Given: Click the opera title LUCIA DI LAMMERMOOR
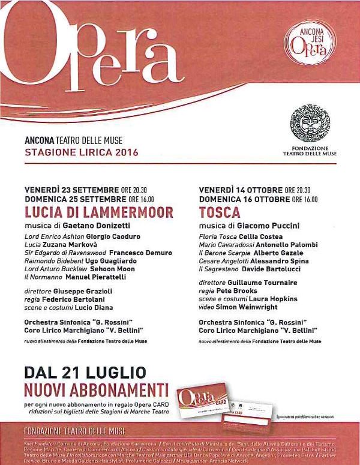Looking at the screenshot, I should (x=99, y=212).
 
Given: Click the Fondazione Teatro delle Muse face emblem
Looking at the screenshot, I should (x=310, y=124).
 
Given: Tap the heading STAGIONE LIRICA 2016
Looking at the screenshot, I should (x=82, y=152).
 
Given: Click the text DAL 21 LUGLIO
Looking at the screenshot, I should (x=85, y=372).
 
